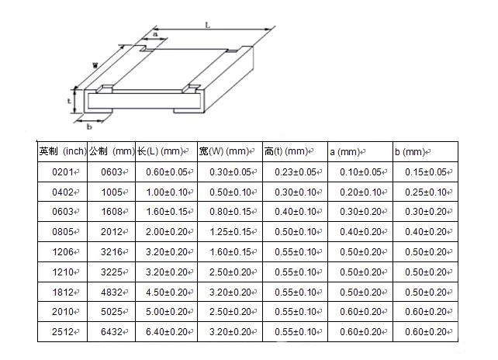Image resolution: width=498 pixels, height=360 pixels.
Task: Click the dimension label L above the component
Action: click(x=208, y=25)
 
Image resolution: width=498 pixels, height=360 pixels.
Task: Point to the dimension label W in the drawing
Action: click(x=95, y=64)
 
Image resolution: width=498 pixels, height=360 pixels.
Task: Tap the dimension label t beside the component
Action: click(x=69, y=100)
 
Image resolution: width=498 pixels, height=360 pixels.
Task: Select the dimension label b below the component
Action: click(x=88, y=126)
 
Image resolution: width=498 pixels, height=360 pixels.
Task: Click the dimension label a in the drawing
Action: click(x=155, y=34)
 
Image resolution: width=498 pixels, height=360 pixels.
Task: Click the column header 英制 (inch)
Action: click(x=62, y=151)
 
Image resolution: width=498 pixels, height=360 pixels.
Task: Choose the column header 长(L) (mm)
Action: click(x=165, y=151)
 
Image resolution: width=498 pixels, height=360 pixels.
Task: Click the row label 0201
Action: click(x=62, y=172)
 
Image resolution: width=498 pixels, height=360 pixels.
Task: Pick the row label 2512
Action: click(x=62, y=332)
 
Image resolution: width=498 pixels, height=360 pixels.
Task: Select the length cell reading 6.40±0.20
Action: click(x=165, y=332)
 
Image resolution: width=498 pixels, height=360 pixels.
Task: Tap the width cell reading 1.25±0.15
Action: click(x=230, y=232)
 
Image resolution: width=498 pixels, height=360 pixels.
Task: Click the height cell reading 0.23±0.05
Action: click(x=295, y=172)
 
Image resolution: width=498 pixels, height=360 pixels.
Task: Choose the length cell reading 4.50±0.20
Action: click(x=165, y=292)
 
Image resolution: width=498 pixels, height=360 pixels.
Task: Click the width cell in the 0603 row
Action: click(x=230, y=212)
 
